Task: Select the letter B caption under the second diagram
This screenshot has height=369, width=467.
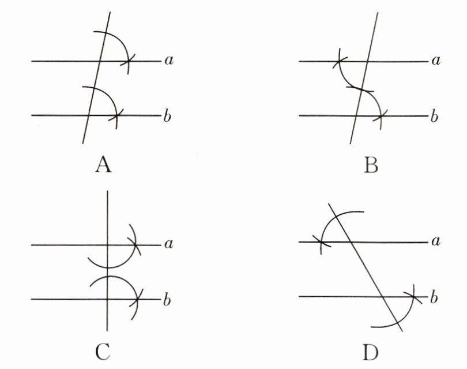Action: point(371,166)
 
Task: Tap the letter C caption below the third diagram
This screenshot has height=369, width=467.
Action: point(104,350)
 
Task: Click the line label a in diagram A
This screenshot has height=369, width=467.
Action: point(168,60)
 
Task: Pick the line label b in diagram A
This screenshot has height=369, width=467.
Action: point(167,116)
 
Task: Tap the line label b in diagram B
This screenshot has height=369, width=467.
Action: point(434,116)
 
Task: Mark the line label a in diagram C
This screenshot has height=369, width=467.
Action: point(169,245)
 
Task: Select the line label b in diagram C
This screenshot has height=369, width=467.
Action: point(168,300)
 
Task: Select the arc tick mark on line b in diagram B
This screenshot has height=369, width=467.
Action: point(380,116)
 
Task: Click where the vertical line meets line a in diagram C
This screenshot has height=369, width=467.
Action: point(108,245)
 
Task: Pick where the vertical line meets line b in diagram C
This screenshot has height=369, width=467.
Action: point(108,299)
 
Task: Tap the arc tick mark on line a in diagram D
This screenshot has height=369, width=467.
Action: point(321,242)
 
